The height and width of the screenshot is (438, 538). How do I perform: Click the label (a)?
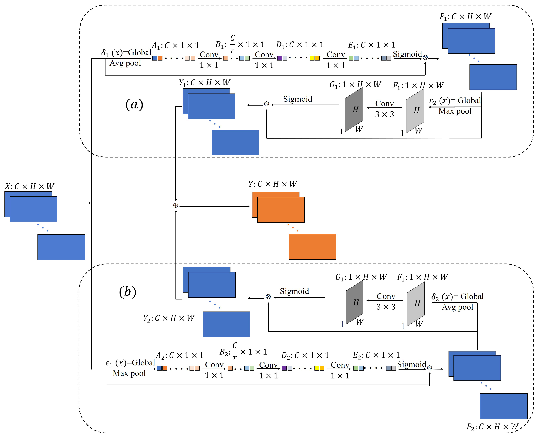click(x=134, y=104)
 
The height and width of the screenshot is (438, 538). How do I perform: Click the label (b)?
click(x=128, y=292)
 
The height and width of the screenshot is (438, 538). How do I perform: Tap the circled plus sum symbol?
click(x=175, y=205)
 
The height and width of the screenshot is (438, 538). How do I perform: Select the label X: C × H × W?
click(x=30, y=186)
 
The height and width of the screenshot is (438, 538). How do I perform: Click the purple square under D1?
click(x=279, y=58)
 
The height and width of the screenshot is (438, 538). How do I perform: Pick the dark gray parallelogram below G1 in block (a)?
click(x=354, y=109)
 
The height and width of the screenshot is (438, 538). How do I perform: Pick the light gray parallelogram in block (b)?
click(x=416, y=303)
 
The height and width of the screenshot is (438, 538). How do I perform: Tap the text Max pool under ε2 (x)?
click(x=455, y=111)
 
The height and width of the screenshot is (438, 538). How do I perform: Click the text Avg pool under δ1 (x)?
click(x=125, y=63)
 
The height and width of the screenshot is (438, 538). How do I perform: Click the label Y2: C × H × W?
click(x=169, y=318)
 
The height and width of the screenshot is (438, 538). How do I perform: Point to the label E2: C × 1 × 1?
click(x=376, y=355)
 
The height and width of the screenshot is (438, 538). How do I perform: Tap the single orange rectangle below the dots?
click(x=312, y=247)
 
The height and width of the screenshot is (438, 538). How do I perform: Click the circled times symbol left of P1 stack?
click(x=425, y=58)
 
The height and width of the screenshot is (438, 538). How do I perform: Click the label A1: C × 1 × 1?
click(x=175, y=45)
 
